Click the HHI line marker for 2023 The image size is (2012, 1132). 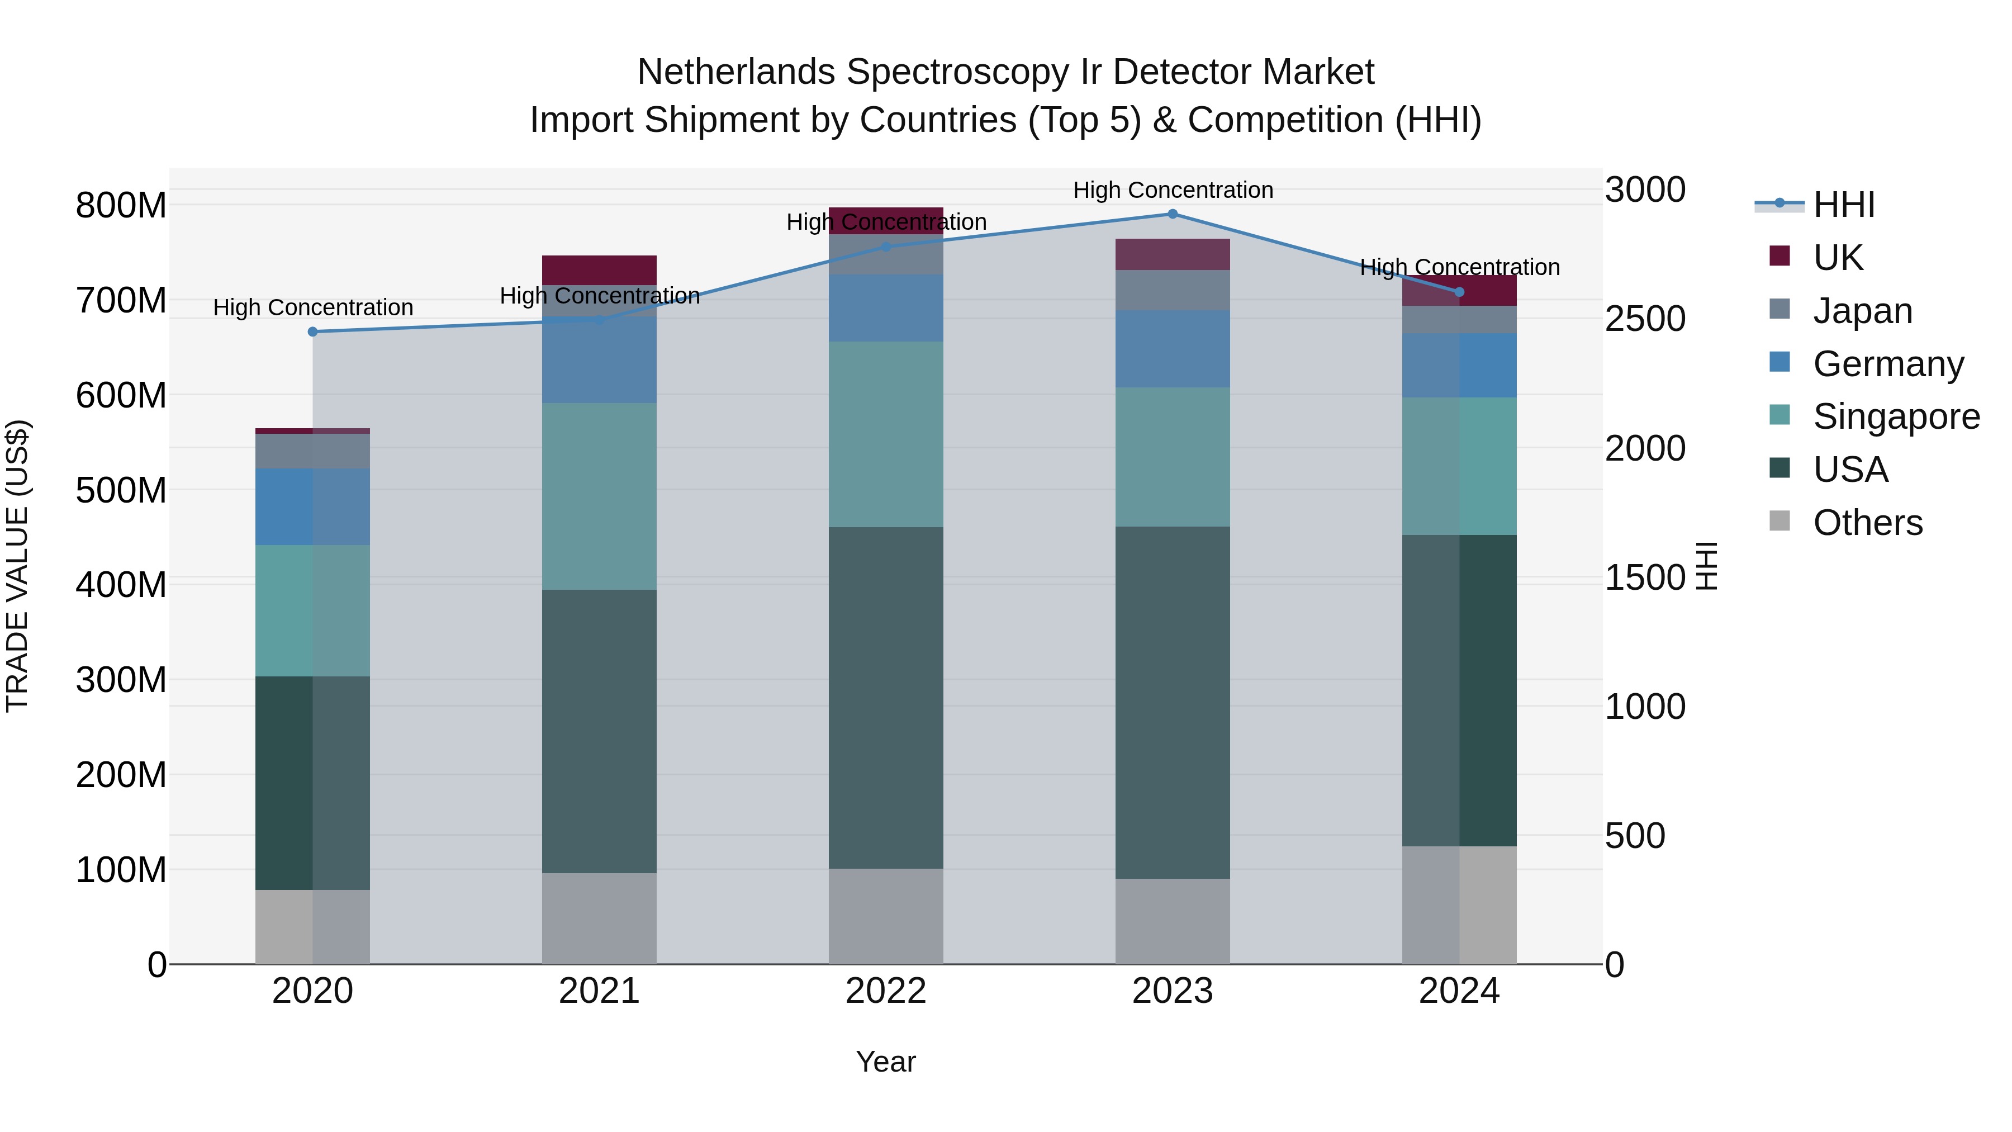click(x=1173, y=214)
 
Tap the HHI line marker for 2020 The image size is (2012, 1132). click(x=312, y=332)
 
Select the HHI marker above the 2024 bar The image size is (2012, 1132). click(x=1459, y=292)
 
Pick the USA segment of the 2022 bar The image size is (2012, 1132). click(x=886, y=698)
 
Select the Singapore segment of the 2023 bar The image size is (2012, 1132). click(x=1173, y=457)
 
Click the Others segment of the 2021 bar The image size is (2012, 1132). click(x=599, y=918)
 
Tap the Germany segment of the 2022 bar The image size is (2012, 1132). click(x=886, y=308)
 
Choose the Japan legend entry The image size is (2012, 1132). click(x=1862, y=311)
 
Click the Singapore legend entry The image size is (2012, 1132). click(x=1896, y=416)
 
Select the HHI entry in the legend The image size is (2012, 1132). click(x=1843, y=205)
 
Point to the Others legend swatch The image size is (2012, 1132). click(x=1780, y=521)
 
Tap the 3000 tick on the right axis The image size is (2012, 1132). click(x=1645, y=190)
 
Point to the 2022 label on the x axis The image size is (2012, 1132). click(x=886, y=991)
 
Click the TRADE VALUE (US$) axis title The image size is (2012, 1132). click(x=17, y=566)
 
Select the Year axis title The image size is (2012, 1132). click(x=886, y=1062)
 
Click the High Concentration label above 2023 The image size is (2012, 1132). click(x=1173, y=190)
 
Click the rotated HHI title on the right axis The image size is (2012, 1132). click(x=1707, y=566)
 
